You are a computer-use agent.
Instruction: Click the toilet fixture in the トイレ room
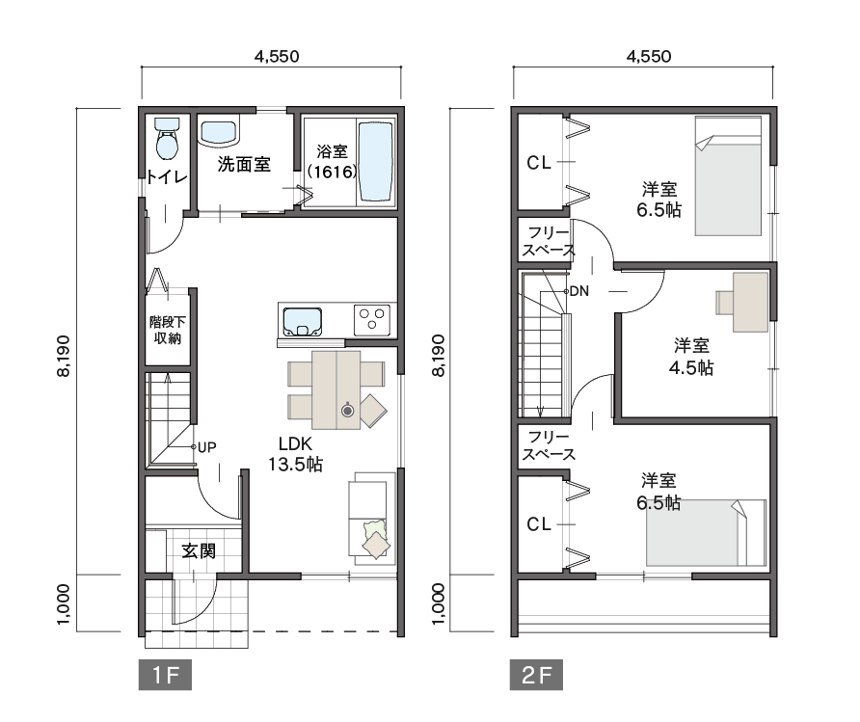167,138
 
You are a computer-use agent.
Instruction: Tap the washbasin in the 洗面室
218,133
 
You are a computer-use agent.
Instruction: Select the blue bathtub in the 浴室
376,162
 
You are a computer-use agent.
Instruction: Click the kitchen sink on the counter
302,321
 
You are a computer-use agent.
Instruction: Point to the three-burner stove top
372,319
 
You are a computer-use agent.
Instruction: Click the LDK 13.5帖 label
295,454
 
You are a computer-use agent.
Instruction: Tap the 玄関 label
199,551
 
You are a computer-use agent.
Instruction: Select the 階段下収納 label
168,330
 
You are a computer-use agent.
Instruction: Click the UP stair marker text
206,448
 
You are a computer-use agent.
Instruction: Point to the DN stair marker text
579,291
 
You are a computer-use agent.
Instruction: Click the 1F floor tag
165,675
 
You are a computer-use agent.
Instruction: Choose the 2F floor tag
536,675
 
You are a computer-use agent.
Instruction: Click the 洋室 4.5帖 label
691,357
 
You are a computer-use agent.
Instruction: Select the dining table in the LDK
336,389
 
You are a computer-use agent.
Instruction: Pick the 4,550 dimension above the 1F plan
277,57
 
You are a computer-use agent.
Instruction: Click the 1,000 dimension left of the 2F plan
439,603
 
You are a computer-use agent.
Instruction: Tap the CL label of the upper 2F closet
539,163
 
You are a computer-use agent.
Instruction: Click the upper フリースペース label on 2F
548,242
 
